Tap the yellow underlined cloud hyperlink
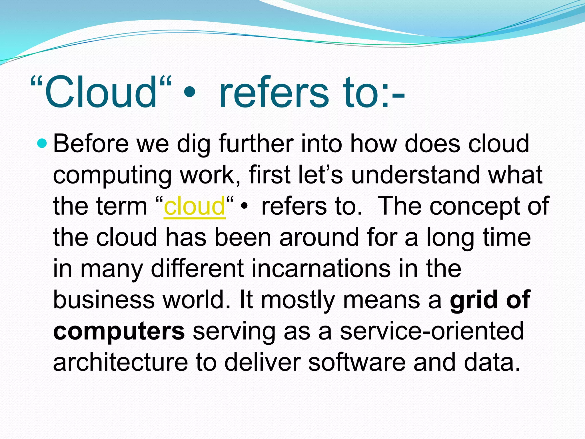(195, 206)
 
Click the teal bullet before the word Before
(42, 143)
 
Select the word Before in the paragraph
(91, 144)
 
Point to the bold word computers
(119, 332)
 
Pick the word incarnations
(321, 269)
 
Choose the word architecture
(120, 362)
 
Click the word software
(357, 362)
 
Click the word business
(103, 300)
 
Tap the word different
(197, 269)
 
